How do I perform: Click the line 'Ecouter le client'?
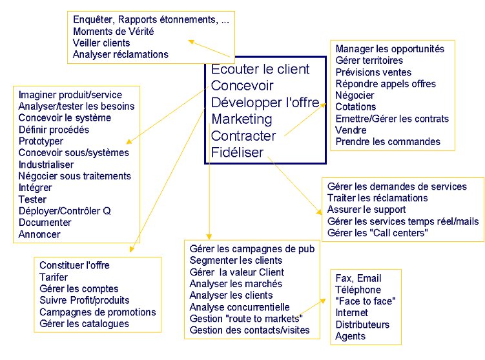[x=260, y=69]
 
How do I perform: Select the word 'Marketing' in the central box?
[x=242, y=119]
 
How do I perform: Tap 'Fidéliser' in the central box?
[x=237, y=152]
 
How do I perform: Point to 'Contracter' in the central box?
[x=243, y=136]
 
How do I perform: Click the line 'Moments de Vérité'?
[x=113, y=31]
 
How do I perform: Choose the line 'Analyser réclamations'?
[x=121, y=54]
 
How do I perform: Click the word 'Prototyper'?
[x=41, y=141]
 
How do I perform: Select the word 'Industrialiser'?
[x=46, y=165]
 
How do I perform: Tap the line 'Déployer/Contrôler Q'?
[x=65, y=211]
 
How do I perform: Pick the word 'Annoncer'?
[x=39, y=234]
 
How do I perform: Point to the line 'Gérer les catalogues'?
[x=84, y=323]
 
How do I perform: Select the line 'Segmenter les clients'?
[x=236, y=260]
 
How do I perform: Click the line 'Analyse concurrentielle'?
[x=240, y=307]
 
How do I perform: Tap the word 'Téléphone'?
[x=358, y=290]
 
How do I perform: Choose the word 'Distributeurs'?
[x=362, y=325]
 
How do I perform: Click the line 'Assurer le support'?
[x=367, y=210]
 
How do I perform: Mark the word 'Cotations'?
[x=356, y=107]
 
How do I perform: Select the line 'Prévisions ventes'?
[x=373, y=72]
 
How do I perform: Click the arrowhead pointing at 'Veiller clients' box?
[x=191, y=42]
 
